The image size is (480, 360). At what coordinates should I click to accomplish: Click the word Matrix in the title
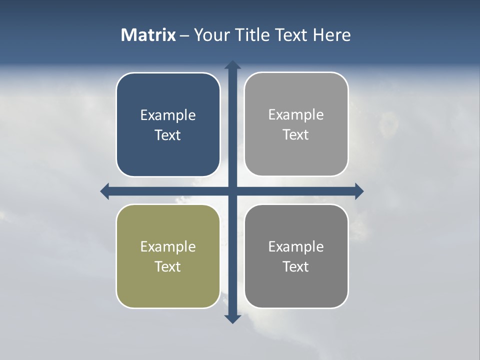(148, 35)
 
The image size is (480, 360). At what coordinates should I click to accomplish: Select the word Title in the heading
(253, 35)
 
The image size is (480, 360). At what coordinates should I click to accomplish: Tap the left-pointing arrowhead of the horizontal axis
(105, 191)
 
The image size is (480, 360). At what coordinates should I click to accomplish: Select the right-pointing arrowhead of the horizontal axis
(358, 191)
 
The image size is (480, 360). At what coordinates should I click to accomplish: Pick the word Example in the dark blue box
(168, 115)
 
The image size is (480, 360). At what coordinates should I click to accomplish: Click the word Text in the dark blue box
(168, 135)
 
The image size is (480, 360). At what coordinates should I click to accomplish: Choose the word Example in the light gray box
(296, 115)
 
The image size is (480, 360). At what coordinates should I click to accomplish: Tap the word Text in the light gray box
(296, 134)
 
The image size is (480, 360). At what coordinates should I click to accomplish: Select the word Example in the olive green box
(168, 247)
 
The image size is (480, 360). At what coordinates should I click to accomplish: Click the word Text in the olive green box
(168, 266)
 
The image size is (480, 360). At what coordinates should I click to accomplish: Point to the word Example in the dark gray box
(296, 247)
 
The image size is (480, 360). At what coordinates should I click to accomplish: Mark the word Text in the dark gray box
(296, 266)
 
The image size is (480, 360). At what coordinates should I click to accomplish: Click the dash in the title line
(184, 35)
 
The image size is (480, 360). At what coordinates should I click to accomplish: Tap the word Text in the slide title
(292, 35)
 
